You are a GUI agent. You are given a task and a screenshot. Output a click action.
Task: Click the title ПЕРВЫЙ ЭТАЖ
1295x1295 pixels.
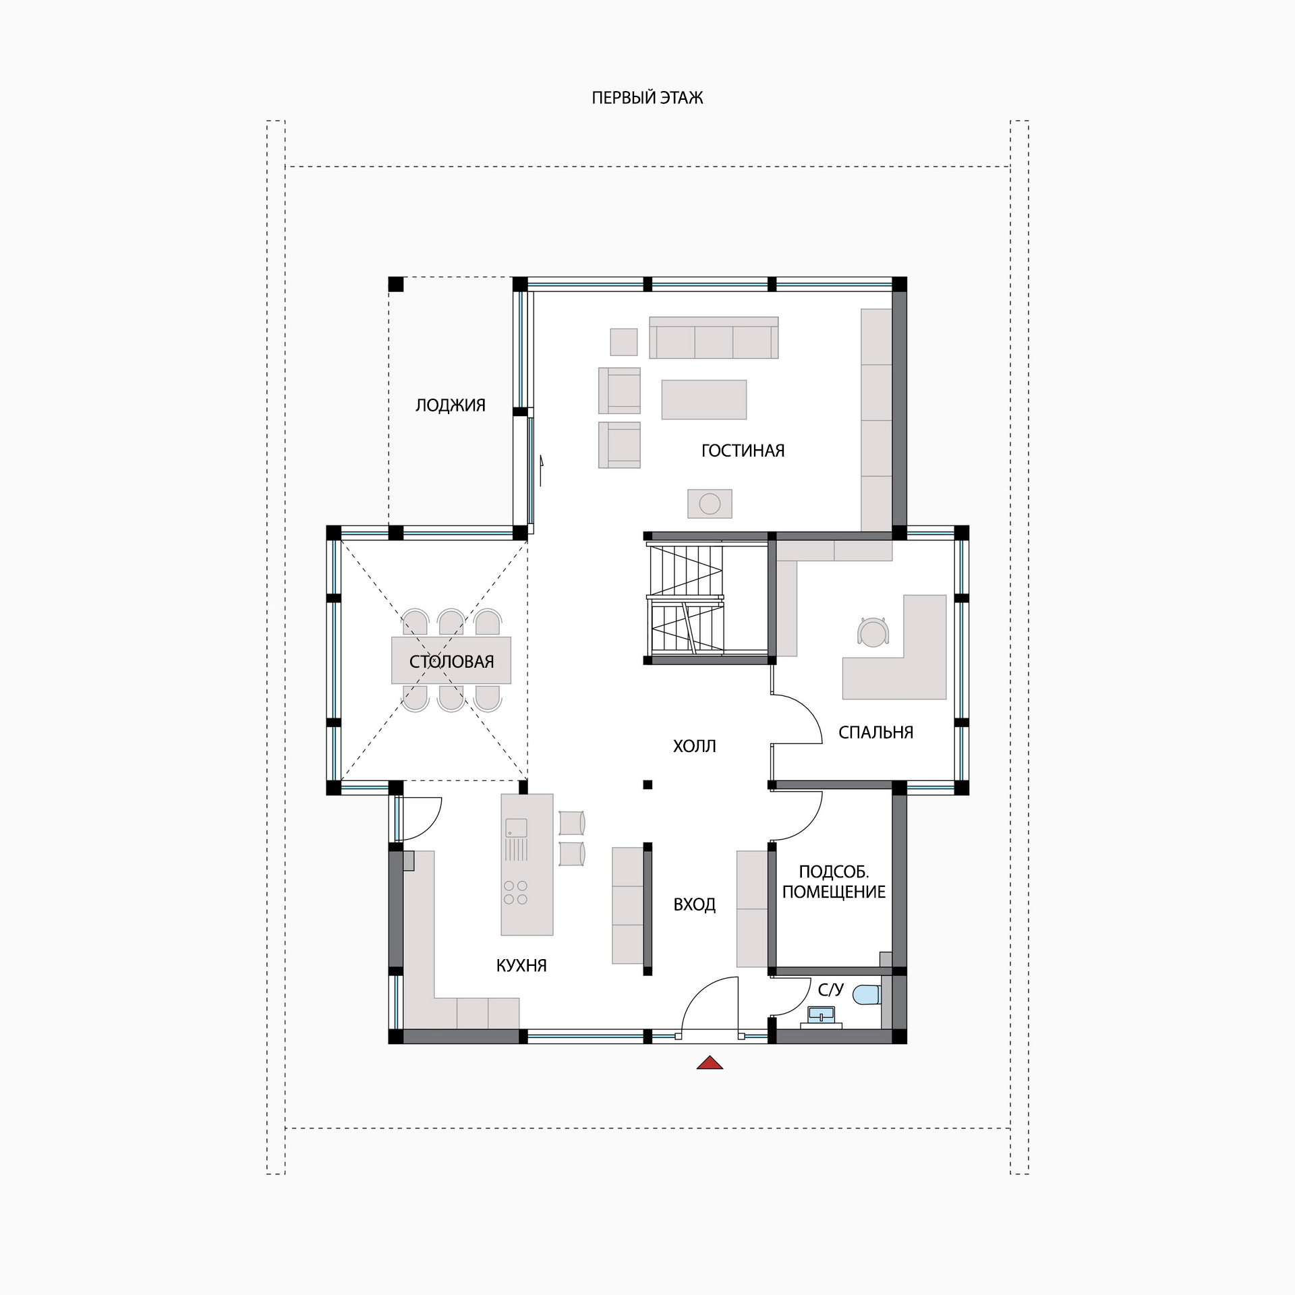pyautogui.click(x=647, y=98)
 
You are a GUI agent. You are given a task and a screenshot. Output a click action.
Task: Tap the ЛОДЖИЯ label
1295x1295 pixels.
pyautogui.click(x=451, y=405)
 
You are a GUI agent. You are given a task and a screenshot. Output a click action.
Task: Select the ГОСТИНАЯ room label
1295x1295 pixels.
pyautogui.click(x=743, y=451)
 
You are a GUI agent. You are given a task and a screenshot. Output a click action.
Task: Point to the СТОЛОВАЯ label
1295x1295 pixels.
pyautogui.click(x=452, y=662)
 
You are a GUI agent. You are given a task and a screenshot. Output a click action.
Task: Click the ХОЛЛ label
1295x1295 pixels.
pyautogui.click(x=695, y=746)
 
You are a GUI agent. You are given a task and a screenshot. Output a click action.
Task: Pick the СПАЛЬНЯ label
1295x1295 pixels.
pyautogui.click(x=876, y=732)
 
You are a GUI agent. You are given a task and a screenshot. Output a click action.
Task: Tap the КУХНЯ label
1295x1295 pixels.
pyautogui.click(x=521, y=966)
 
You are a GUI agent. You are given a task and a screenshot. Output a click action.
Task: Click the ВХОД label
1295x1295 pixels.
pyautogui.click(x=695, y=904)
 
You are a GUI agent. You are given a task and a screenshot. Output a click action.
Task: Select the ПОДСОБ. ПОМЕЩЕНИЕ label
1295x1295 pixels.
pyautogui.click(x=834, y=882)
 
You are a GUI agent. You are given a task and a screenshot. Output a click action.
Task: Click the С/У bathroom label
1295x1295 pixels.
pyautogui.click(x=831, y=989)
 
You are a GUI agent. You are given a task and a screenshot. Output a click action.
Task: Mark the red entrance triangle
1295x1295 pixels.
pyautogui.click(x=710, y=1063)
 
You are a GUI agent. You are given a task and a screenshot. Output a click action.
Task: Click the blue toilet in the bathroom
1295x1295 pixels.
pyautogui.click(x=867, y=994)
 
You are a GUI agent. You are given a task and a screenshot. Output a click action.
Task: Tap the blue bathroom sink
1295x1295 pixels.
pyautogui.click(x=822, y=1014)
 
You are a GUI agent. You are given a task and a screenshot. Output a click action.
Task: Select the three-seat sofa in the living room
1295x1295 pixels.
pyautogui.click(x=714, y=337)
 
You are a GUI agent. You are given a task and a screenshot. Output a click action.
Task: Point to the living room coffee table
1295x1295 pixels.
pyautogui.click(x=704, y=399)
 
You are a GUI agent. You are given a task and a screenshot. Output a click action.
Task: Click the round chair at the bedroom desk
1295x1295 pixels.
pyautogui.click(x=873, y=632)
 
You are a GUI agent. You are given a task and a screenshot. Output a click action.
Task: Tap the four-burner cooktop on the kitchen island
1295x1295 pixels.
pyautogui.click(x=515, y=892)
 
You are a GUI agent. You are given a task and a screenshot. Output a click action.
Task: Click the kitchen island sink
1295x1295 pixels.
pyautogui.click(x=516, y=828)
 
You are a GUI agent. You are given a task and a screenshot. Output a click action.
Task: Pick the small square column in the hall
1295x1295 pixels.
pyautogui.click(x=647, y=784)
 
